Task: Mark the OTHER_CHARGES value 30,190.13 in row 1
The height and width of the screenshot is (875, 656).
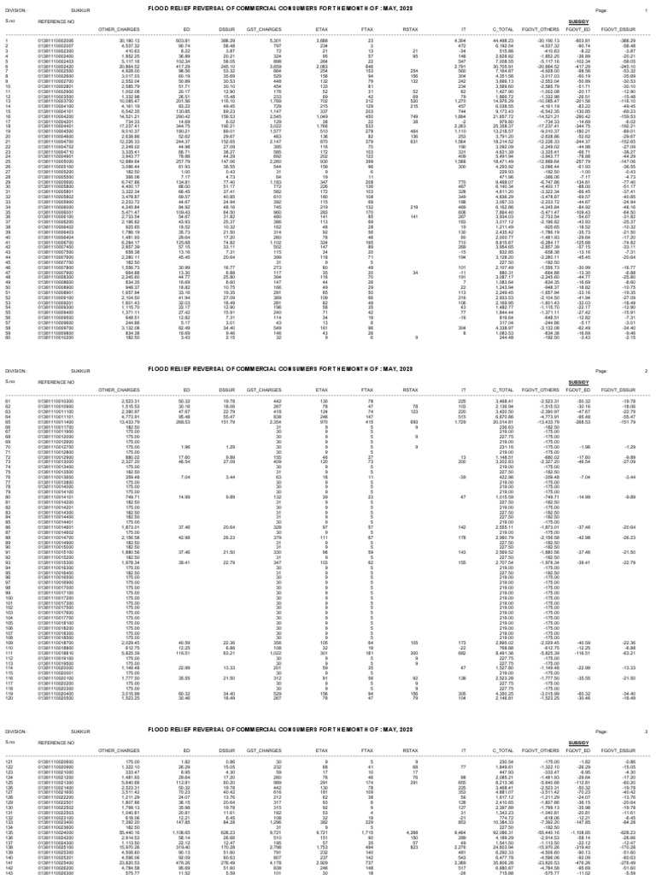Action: click(x=127, y=39)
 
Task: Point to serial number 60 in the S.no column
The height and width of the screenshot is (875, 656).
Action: click(x=9, y=337)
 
